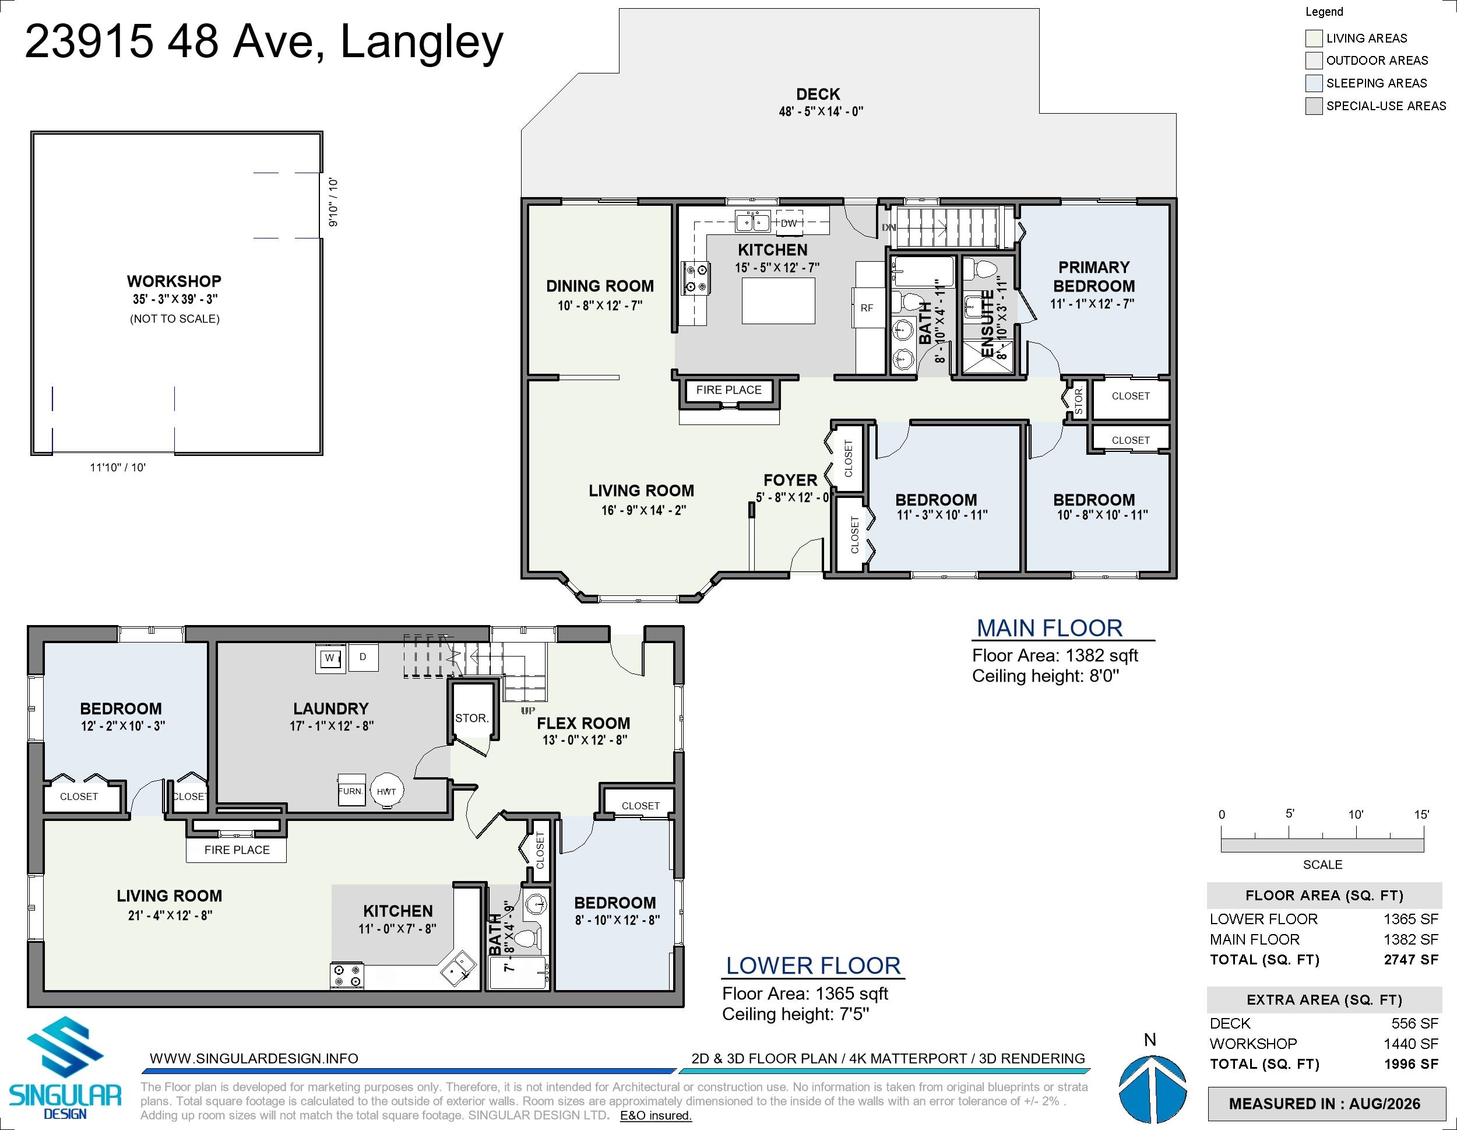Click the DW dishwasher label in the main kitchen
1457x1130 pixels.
(789, 223)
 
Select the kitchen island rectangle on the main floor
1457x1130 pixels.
(779, 301)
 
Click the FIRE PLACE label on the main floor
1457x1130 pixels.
(728, 390)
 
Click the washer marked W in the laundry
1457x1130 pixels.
(329, 658)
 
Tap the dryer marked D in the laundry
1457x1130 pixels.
(363, 657)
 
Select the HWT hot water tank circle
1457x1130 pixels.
(386, 791)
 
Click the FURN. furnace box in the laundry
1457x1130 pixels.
(351, 790)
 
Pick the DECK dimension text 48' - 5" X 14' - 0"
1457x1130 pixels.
(821, 111)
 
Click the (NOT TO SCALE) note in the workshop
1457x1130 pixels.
(175, 319)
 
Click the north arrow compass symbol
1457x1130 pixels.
(1152, 1089)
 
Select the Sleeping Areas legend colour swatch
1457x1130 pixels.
(1314, 83)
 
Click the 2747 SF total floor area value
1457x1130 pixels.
(1410, 960)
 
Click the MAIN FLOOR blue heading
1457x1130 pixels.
(1050, 628)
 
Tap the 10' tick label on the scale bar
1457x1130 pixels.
(1356, 815)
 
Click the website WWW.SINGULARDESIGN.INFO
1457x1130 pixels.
(254, 1059)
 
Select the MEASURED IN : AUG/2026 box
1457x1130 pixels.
(1324, 1104)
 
